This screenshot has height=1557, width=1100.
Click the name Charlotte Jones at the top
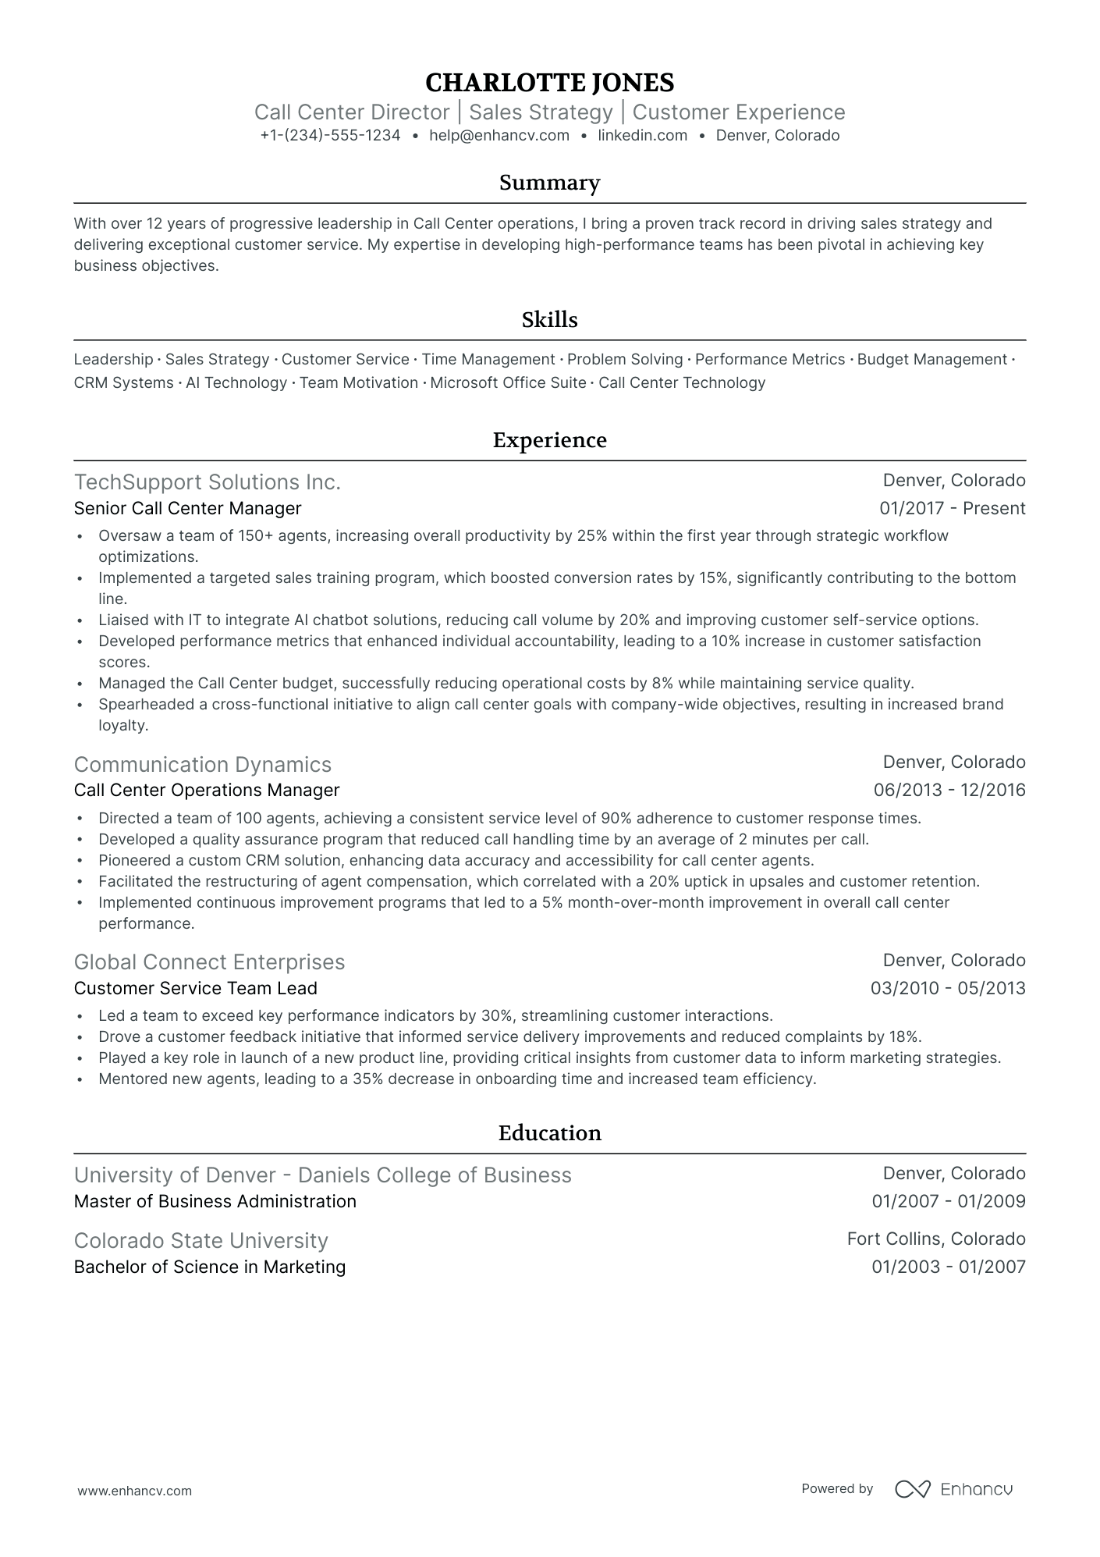[550, 83]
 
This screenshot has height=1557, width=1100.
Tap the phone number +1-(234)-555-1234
[330, 136]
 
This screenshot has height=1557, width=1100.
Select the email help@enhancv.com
[499, 136]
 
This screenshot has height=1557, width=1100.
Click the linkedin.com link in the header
[643, 136]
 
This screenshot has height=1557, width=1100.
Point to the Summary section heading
[550, 183]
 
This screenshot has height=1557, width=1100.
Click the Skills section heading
[550, 320]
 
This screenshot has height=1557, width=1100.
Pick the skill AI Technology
[236, 383]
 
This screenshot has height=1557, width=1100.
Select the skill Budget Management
[932, 360]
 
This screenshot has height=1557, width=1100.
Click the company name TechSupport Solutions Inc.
[208, 482]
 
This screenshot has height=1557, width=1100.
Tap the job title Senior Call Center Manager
[187, 509]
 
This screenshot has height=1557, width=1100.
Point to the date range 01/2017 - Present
[952, 509]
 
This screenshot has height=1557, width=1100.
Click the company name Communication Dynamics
[203, 765]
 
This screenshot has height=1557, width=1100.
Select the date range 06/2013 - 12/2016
[949, 791]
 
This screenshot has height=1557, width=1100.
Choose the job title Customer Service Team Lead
[196, 989]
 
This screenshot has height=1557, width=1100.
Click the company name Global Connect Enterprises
[209, 962]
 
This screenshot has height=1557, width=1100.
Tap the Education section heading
[550, 1133]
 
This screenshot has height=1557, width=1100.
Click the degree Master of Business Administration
[215, 1202]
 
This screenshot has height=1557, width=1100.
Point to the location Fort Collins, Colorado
[936, 1239]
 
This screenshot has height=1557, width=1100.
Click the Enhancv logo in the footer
[953, 1489]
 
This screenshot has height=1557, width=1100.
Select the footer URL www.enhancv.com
[134, 1491]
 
